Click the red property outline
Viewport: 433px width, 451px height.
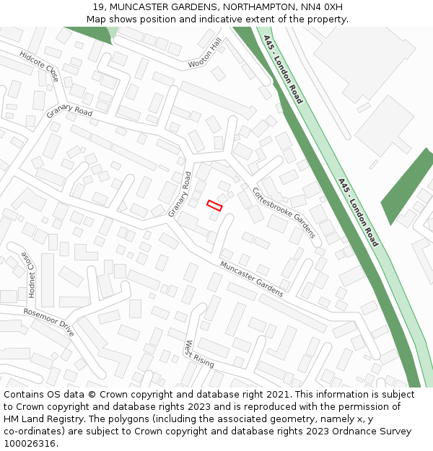pos(214,206)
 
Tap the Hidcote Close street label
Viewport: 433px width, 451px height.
pos(40,66)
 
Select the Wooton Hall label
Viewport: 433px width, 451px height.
pos(205,55)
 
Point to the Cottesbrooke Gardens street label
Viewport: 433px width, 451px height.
pos(284,213)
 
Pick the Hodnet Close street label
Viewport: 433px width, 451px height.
pos(28,274)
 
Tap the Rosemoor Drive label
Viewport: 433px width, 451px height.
pos(48,323)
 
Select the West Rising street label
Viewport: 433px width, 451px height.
pos(199,354)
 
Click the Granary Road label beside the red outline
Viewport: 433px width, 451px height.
pos(180,194)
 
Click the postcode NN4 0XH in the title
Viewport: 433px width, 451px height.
pos(320,7)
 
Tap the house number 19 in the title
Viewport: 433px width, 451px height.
pos(99,7)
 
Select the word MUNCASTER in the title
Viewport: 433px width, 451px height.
pos(142,7)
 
